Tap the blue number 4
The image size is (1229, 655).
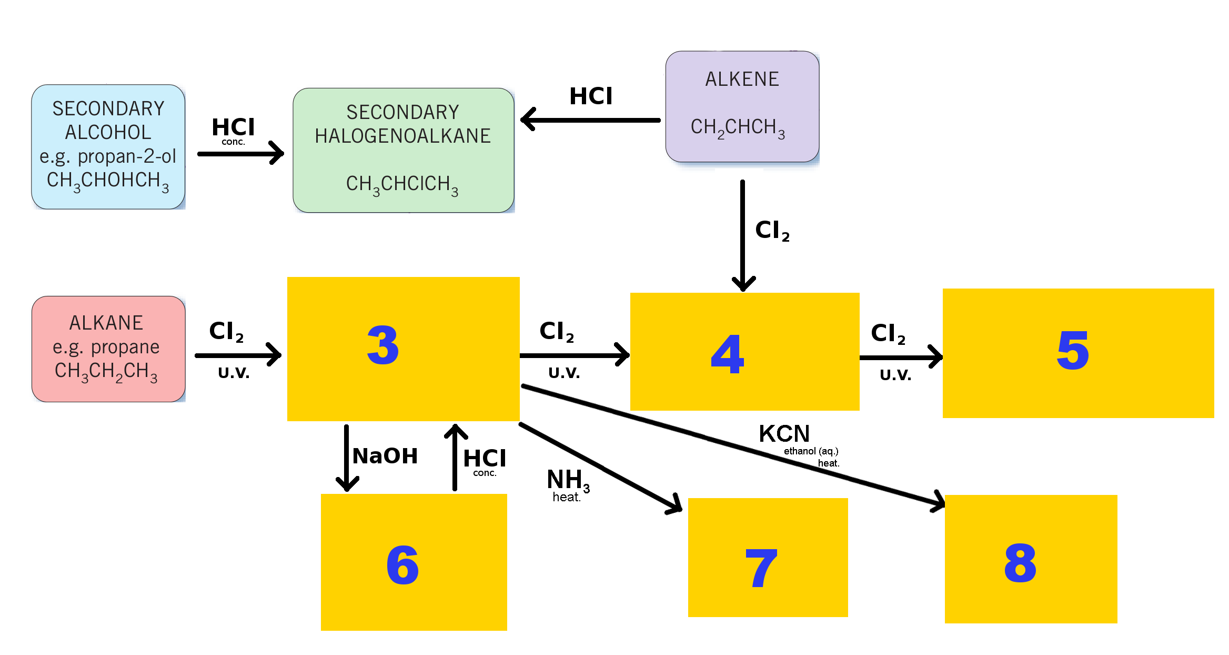click(728, 354)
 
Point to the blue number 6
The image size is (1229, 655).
click(402, 564)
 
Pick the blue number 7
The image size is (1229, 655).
click(761, 568)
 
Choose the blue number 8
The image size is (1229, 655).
click(1020, 563)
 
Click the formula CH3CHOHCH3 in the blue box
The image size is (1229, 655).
click(108, 181)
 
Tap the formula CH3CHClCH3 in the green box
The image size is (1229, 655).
click(402, 185)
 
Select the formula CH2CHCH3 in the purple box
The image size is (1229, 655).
click(738, 128)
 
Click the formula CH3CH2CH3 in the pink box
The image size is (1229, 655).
click(106, 372)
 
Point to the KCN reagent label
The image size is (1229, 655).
click(784, 434)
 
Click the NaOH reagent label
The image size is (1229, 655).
click(385, 456)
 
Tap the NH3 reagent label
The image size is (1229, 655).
click(568, 481)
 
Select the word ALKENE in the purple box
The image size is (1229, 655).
click(742, 79)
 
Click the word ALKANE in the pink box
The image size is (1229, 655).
click(106, 323)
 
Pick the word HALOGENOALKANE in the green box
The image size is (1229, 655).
click(402, 136)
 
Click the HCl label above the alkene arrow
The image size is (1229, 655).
click(591, 96)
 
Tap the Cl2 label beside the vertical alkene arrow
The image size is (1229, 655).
click(772, 231)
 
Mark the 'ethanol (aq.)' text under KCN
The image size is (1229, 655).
click(811, 451)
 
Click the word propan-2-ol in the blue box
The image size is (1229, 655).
click(127, 156)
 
